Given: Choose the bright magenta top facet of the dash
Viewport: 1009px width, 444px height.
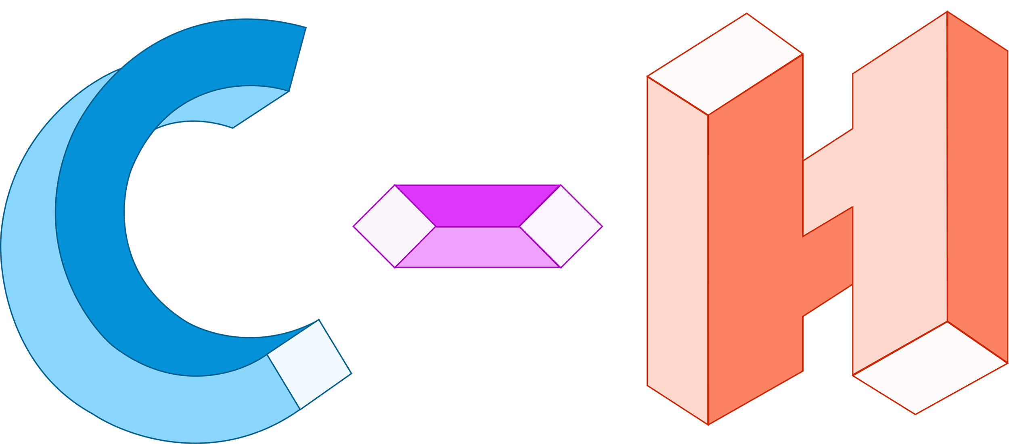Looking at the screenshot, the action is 477,206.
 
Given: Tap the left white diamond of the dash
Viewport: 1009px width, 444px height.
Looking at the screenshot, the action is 394,226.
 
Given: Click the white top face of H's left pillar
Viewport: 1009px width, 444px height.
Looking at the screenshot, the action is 724,65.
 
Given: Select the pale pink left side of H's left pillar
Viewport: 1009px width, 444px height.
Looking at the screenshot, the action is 677,250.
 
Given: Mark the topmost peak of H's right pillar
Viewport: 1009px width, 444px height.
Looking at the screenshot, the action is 947,13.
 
